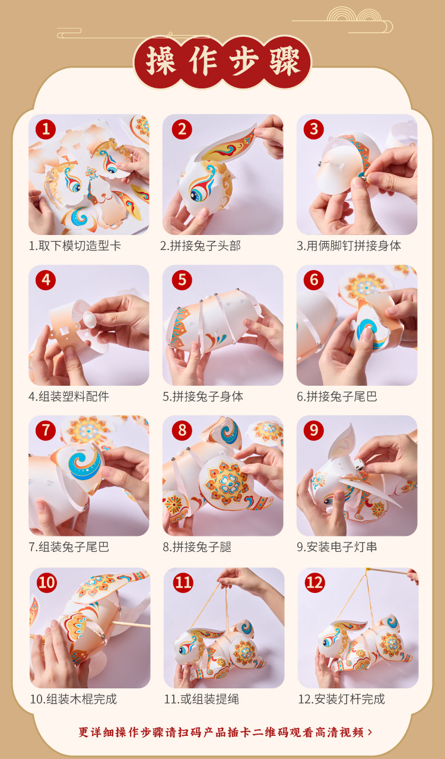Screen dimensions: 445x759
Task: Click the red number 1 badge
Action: [x=46, y=129]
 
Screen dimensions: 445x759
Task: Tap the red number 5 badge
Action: [x=182, y=280]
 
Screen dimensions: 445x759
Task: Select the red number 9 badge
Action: [x=314, y=430]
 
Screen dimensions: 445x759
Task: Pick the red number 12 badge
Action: [x=315, y=583]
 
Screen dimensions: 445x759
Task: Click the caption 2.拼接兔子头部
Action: [x=201, y=246]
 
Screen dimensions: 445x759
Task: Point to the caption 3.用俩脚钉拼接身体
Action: [x=349, y=246]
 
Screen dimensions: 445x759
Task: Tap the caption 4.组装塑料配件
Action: [x=69, y=396]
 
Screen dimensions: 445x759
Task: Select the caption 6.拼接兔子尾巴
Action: [x=337, y=396]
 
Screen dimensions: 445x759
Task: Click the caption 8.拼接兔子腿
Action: [x=197, y=547]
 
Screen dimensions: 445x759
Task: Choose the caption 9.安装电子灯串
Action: [x=337, y=547]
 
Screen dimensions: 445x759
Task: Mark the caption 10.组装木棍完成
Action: [x=74, y=699]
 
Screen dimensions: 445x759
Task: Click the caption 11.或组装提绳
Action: [x=202, y=699]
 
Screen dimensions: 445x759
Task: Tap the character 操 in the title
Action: [x=161, y=61]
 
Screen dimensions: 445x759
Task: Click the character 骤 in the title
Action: [x=285, y=61]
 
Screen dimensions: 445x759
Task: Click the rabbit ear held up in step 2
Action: [x=230, y=145]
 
